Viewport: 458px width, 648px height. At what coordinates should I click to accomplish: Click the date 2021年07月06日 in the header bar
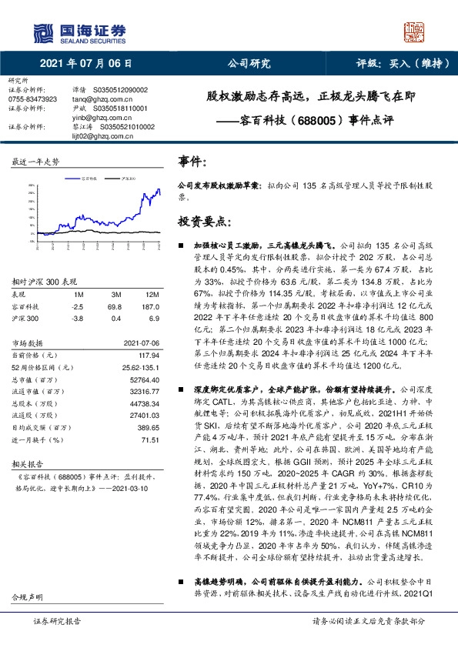click(84, 64)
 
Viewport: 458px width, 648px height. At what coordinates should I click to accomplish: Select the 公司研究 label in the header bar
click(246, 64)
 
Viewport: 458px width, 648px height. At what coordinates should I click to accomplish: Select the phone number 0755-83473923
click(34, 99)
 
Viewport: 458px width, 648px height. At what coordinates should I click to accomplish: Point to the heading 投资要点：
click(205, 222)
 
